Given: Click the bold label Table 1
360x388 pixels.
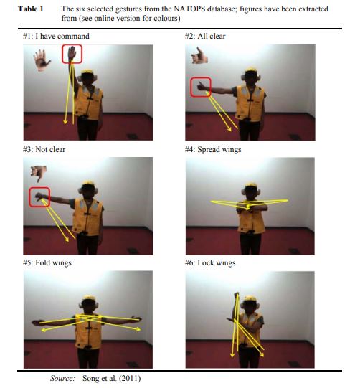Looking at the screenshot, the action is click(30, 9).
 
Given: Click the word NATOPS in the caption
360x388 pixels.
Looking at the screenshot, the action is click(189, 9).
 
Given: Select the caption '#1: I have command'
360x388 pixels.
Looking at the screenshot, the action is click(56, 36).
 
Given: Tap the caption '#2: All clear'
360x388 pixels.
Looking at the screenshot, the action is click(205, 36).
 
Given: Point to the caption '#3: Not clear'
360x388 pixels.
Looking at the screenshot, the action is click(44, 149).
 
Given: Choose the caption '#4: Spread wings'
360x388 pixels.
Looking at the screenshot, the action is click(213, 149).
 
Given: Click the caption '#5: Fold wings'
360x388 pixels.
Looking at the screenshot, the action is click(47, 262).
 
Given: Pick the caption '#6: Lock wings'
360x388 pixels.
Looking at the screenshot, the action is click(210, 262).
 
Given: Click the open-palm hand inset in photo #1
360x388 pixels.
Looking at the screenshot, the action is click(42, 60).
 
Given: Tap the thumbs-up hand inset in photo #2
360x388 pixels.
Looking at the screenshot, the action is click(199, 56).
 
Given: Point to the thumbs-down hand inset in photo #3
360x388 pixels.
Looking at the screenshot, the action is click(39, 173).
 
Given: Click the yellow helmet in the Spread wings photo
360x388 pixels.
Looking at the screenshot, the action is click(251, 186).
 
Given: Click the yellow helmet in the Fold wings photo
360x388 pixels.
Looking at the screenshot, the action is click(88, 298).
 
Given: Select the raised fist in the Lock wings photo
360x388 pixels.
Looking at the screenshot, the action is click(237, 295).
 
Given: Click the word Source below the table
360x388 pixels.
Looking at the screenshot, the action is click(62, 379).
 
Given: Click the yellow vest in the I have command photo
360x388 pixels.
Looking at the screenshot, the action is click(89, 102).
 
